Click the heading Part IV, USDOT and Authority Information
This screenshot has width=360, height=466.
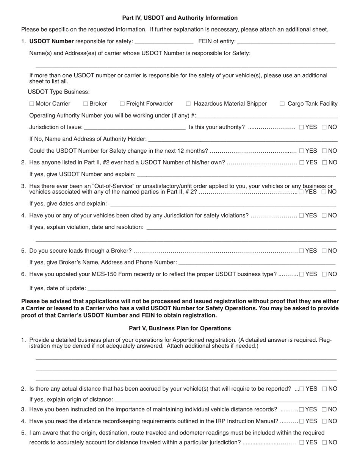[180, 18]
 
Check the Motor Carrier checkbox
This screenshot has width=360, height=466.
[31, 104]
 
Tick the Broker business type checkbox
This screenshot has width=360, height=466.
[86, 104]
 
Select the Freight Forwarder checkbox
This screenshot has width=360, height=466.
[122, 104]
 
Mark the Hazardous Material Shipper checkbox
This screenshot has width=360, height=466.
[188, 104]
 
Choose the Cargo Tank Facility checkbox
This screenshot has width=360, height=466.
[282, 104]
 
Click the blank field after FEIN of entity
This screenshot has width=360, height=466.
[286, 42]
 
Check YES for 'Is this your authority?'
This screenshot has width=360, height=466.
[301, 127]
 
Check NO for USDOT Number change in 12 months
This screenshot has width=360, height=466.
[324, 151]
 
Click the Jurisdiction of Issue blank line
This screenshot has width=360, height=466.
[136, 128]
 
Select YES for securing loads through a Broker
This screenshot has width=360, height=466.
[301, 250]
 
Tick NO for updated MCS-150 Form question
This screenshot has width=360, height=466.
[324, 274]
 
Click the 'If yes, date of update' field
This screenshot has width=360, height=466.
[211, 289]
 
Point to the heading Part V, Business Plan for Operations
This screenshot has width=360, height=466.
[180, 328]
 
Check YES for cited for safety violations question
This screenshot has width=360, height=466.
[301, 216]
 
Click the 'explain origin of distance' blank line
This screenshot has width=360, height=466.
[225, 400]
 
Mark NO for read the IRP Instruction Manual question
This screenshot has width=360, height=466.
[324, 421]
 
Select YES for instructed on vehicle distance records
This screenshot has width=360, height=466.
[301, 410]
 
